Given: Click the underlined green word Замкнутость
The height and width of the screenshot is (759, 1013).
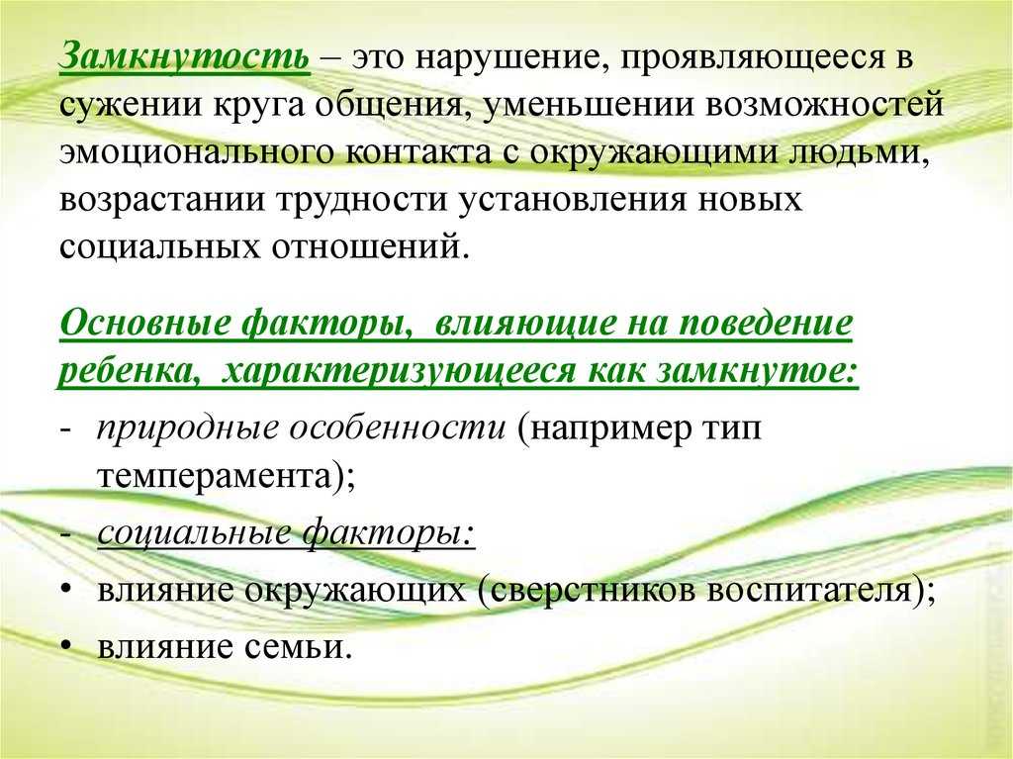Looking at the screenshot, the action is (x=184, y=56).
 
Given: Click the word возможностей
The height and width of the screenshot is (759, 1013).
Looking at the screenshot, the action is (x=825, y=104).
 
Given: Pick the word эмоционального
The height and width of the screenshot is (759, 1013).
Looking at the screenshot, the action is (x=196, y=152).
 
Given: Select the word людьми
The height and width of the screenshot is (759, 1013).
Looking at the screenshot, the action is (x=861, y=153).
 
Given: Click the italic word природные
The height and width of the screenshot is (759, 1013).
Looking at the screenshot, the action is (x=187, y=428).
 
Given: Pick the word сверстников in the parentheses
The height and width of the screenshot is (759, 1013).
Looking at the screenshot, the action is (x=586, y=590).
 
